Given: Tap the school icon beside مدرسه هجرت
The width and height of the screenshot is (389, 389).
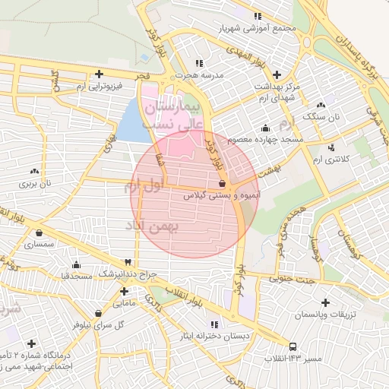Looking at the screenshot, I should pos(199,63).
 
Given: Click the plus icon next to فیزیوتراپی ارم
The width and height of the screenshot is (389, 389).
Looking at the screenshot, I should pos(100,74).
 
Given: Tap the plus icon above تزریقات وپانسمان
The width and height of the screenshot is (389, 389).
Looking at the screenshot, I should pos(326,302).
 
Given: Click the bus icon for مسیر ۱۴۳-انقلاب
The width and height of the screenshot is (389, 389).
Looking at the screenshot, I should pos(294,345).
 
